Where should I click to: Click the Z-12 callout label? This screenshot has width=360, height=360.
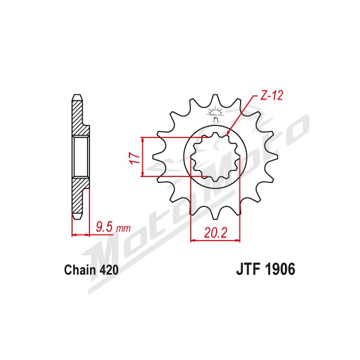272,95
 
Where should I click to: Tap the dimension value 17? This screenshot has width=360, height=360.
136,158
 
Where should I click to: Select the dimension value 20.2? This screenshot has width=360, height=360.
215,233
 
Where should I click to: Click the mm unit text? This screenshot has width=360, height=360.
123,229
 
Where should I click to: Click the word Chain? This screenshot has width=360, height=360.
80,270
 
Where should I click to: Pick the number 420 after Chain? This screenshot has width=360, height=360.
109,270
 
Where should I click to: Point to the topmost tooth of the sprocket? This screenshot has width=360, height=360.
215,99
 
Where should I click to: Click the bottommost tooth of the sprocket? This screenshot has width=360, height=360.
215,215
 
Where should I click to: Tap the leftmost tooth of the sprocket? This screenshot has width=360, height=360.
157,157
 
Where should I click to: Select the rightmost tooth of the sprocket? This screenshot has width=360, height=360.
273,157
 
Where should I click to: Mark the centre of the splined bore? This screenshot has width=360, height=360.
215,157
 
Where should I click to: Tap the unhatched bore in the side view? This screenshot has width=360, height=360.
81,157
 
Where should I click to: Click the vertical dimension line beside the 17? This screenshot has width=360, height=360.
143,157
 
